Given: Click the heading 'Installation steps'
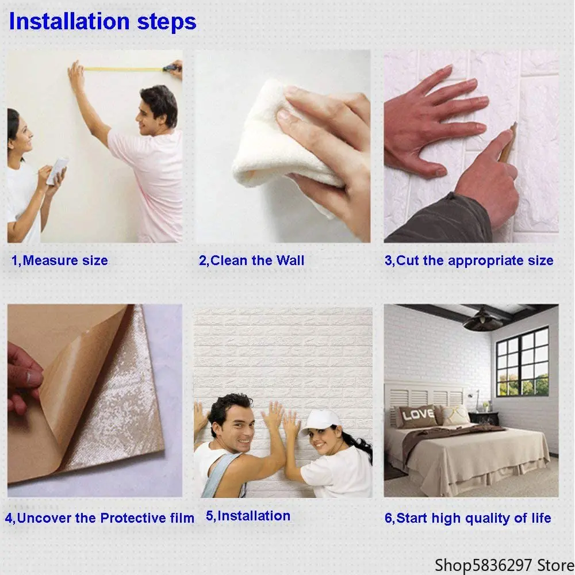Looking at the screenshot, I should tap(102, 22).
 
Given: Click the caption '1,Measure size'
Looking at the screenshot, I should tap(60, 260).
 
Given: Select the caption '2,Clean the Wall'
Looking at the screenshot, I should tap(251, 260).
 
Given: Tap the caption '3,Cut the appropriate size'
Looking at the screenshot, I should tap(469, 260).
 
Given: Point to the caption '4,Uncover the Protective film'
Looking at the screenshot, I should tap(100, 517).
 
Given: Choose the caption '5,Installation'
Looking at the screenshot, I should tap(248, 516).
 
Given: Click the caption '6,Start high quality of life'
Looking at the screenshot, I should tap(467, 518).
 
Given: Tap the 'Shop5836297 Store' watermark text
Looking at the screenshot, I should tap(501, 562).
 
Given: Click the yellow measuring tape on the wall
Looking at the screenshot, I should tap(124, 69).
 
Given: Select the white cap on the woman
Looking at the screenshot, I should tap(320, 421).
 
